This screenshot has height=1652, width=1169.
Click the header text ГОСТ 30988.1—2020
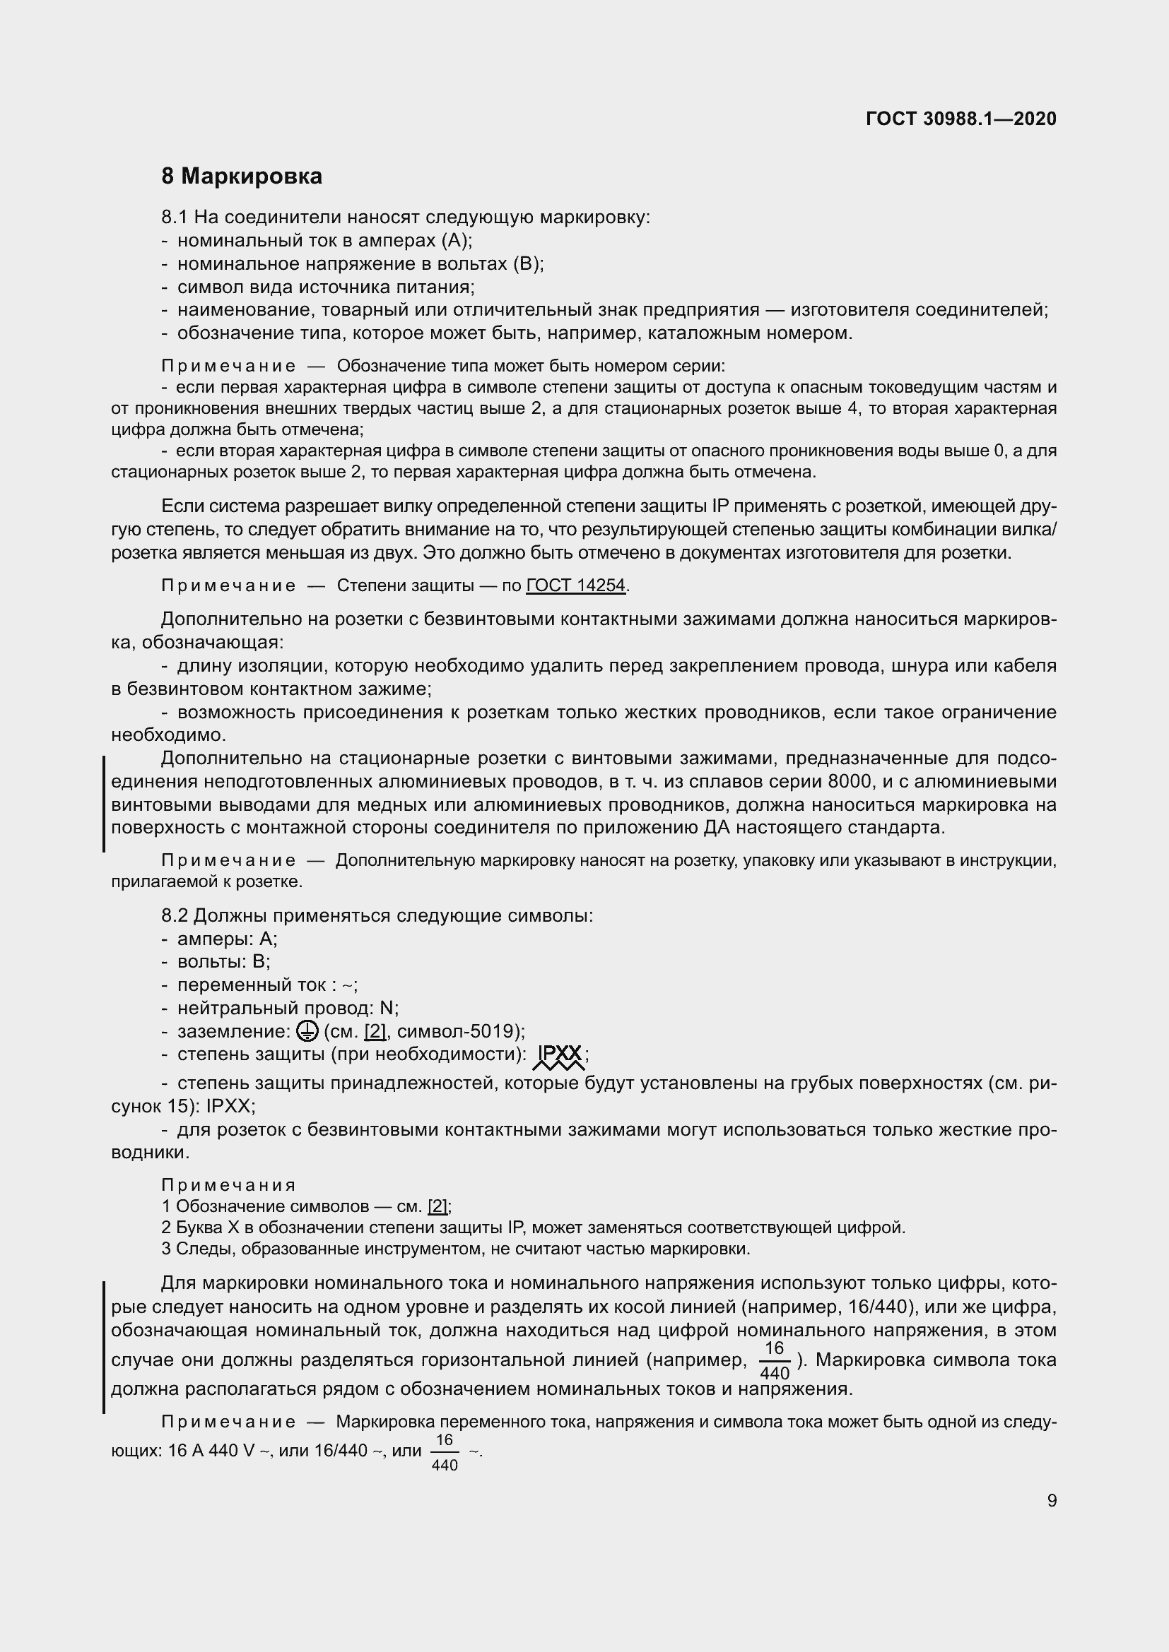click(x=961, y=119)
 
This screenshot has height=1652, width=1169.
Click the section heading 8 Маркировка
click(x=241, y=177)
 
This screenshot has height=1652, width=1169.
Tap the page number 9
click(x=1052, y=1500)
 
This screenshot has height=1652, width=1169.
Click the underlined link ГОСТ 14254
click(x=575, y=586)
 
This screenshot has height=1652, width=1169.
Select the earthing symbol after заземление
click(x=306, y=1032)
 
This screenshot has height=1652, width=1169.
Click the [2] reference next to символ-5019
click(x=375, y=1032)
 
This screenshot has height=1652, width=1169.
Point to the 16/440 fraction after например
click(x=775, y=1360)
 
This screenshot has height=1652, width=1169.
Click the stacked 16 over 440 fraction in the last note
click(x=444, y=1451)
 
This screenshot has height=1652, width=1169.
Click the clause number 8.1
click(x=175, y=218)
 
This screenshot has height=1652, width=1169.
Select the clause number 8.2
click(x=175, y=916)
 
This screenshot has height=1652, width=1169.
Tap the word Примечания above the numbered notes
click(x=228, y=1185)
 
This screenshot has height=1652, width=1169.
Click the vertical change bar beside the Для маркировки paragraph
click(x=104, y=1346)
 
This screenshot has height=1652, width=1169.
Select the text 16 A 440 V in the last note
click(x=211, y=1451)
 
